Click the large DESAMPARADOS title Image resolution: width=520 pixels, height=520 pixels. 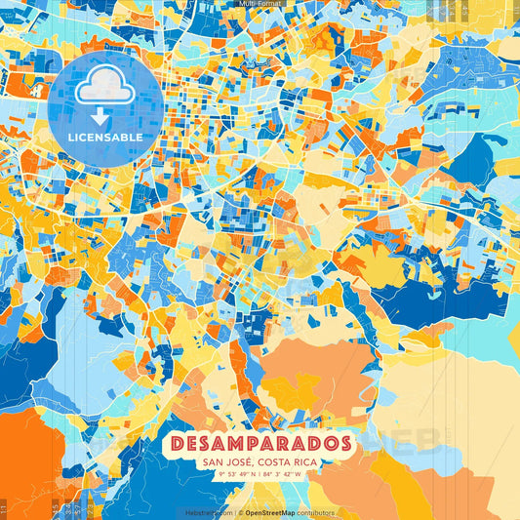(261, 443)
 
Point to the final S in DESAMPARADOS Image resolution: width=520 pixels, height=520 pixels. (344, 443)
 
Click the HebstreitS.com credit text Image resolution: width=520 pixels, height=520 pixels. (210, 511)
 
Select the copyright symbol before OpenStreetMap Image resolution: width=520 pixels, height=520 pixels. (241, 511)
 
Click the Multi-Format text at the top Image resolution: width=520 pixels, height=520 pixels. (260, 4)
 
